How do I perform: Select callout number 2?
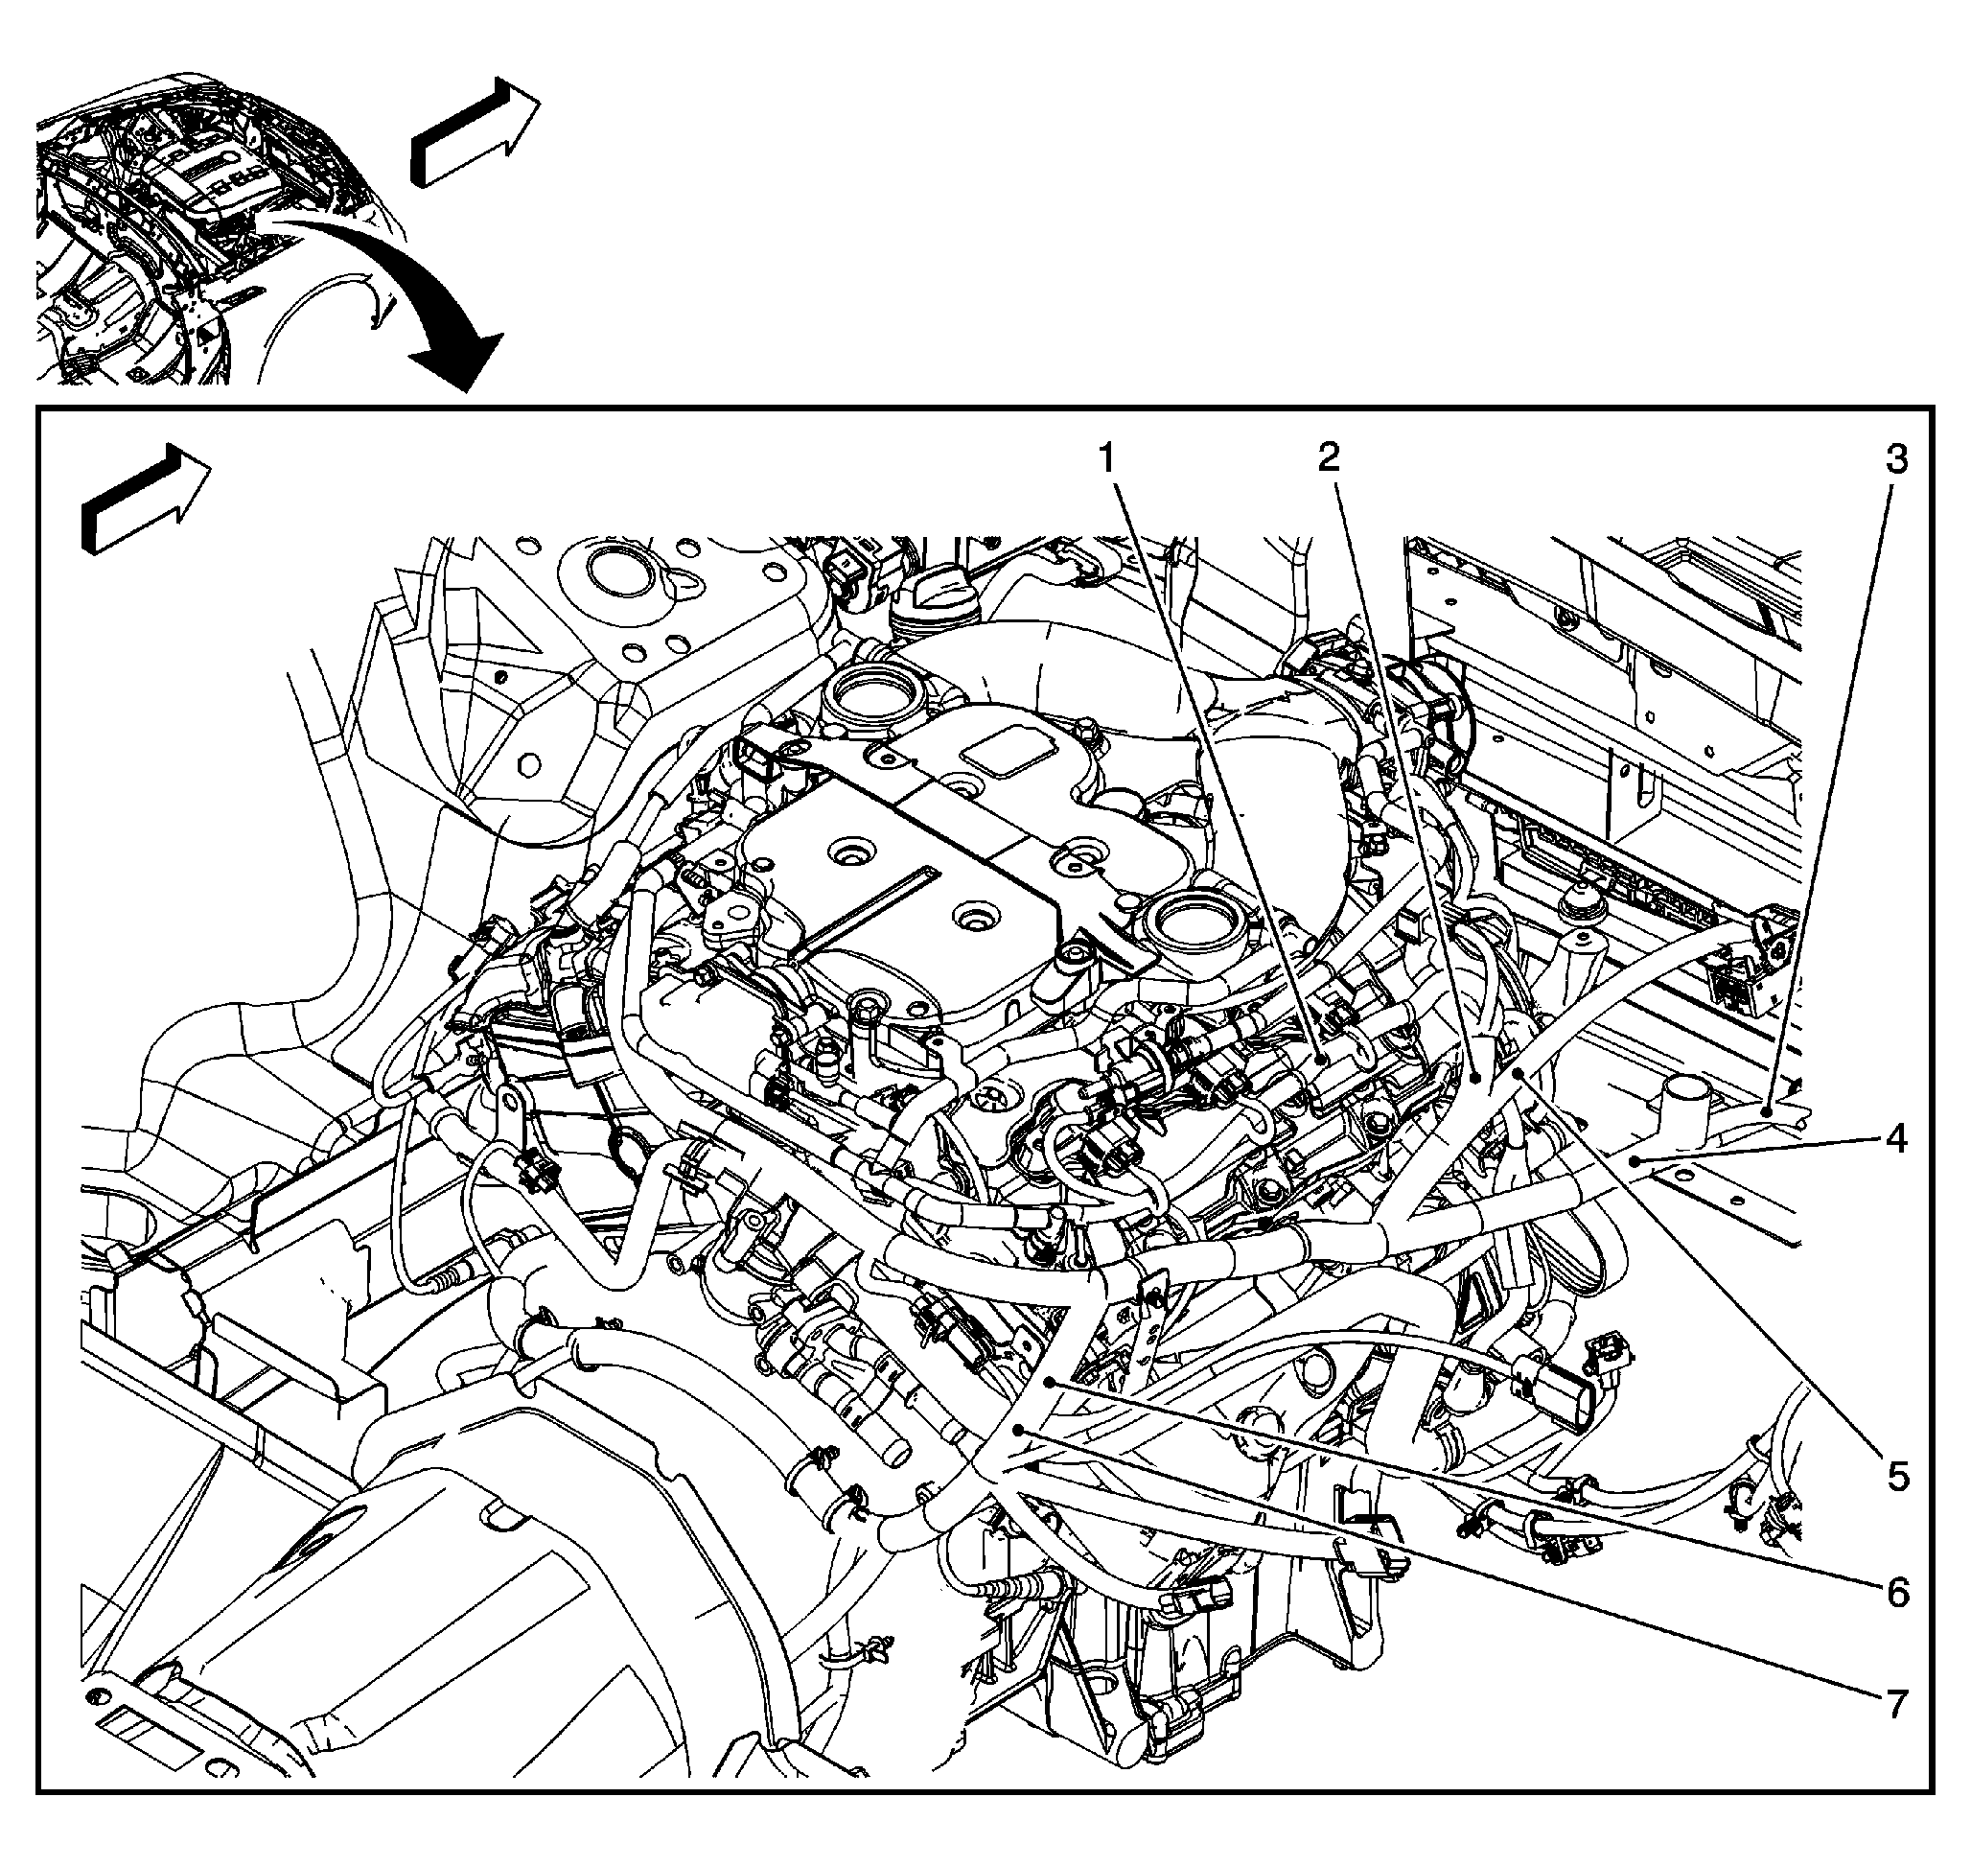pos(1329,456)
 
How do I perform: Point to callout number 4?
pos(1897,1137)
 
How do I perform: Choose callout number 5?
pos(1897,1476)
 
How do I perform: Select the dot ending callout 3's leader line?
pos(1765,1110)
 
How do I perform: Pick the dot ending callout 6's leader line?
pos(1051,1383)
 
